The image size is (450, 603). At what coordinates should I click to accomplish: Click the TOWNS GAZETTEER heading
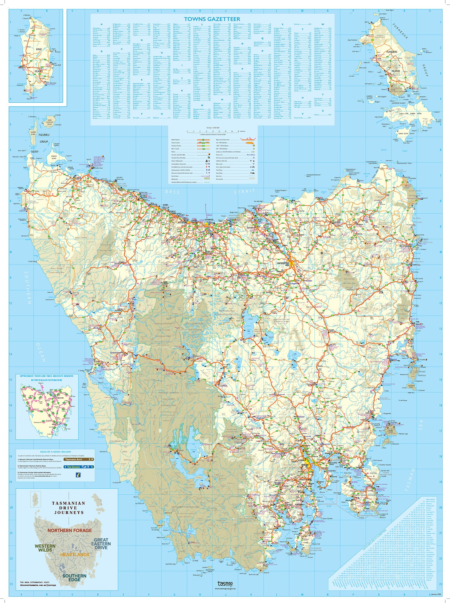tap(212, 19)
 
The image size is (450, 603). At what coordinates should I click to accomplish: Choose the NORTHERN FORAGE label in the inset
tap(70, 531)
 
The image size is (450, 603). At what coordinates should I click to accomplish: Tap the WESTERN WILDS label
tap(45, 548)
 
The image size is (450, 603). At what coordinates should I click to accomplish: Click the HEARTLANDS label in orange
tap(75, 554)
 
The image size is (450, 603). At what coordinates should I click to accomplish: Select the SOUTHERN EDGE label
tap(74, 577)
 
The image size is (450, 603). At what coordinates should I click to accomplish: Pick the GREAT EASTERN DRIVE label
tap(101, 543)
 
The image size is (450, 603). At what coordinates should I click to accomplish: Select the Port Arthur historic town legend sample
tap(250, 154)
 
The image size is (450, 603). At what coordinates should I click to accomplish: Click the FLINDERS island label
tap(392, 52)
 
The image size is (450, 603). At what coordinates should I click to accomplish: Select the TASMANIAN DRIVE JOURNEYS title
tap(68, 508)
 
